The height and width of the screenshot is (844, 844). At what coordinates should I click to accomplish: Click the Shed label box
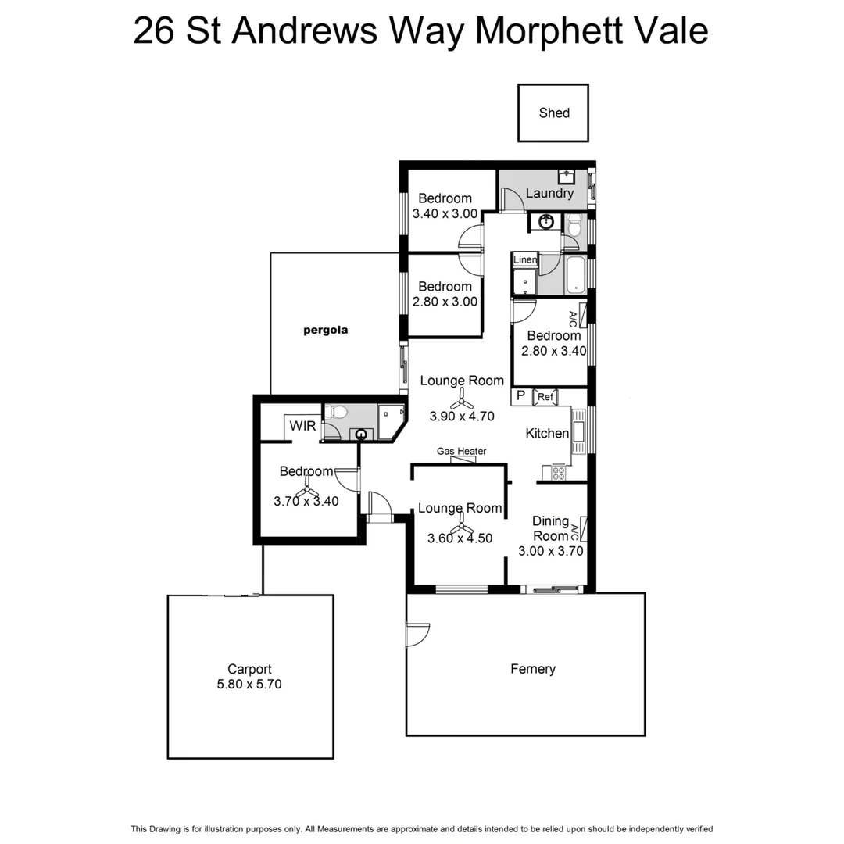pos(553,113)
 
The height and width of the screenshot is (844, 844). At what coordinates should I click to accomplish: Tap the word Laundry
pos(549,193)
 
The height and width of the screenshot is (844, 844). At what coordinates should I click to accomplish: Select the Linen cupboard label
pos(525,259)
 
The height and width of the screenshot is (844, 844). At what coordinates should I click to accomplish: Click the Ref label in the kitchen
pos(545,398)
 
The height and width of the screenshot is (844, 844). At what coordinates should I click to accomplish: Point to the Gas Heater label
pos(461,451)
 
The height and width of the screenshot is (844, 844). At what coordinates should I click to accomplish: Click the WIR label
pos(302,426)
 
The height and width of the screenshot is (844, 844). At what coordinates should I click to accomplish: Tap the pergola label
pos(325,330)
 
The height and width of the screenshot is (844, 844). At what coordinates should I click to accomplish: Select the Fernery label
pos(533,669)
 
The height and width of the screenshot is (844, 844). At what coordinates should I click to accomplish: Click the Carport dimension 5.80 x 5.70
pos(249,684)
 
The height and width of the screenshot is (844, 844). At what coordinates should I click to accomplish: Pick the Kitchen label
pos(547,433)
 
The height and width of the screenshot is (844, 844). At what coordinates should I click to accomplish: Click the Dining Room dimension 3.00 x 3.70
pos(550,550)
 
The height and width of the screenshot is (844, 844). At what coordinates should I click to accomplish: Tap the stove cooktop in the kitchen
pos(559,472)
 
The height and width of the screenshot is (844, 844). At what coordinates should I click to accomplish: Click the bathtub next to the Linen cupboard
pos(576,275)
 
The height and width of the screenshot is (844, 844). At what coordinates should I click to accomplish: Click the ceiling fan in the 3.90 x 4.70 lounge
pos(463,399)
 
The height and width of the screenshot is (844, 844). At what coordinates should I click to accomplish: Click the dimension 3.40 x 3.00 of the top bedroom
pos(445,213)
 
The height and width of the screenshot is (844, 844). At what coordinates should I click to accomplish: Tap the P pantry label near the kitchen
pos(520,397)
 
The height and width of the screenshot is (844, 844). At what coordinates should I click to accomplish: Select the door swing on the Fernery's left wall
pos(417,633)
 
